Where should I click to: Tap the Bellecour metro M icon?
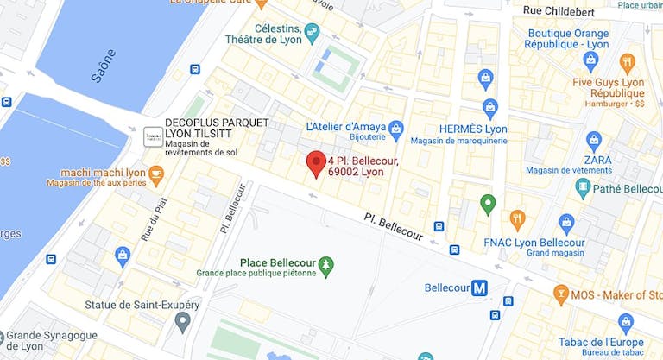point(479,288)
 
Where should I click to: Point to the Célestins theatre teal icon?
point(312,32)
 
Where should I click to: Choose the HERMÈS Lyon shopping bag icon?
point(490,109)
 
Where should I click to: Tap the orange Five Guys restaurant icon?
point(627,62)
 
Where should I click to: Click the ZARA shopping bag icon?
point(593,141)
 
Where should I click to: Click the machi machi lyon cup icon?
point(155,175)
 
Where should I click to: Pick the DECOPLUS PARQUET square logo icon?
point(153,137)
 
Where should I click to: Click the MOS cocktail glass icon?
point(561,294)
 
